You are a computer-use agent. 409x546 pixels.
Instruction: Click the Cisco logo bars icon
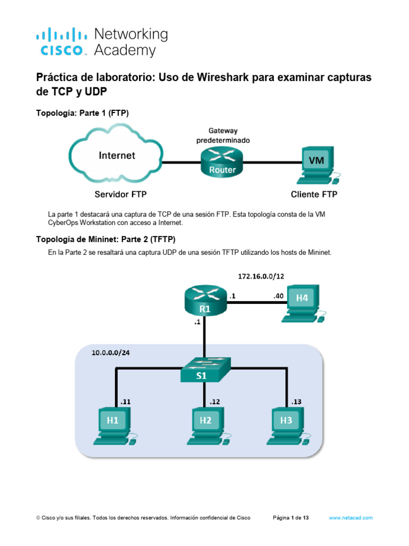(61, 36)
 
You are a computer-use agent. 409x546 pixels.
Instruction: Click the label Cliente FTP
(314, 195)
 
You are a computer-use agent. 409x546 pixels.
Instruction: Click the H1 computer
(114, 425)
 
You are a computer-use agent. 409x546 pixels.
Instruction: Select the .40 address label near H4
(277, 296)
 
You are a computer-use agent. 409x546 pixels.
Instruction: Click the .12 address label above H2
(215, 402)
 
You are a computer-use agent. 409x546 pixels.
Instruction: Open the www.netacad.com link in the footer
(350, 518)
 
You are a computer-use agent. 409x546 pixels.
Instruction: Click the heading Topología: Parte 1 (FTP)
(83, 113)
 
